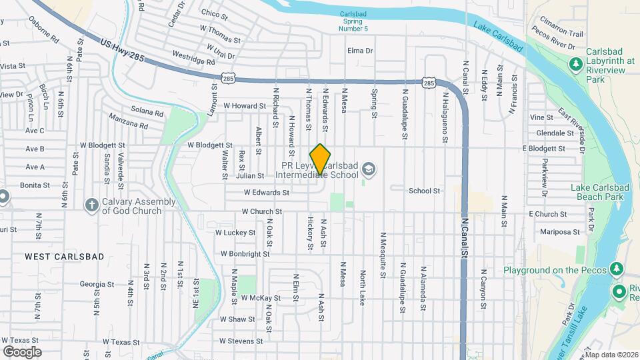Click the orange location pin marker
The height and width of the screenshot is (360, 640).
tap(321, 159)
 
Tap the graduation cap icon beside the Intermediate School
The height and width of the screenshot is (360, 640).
tap(368, 171)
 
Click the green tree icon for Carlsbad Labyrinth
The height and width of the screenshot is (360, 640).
tap(575, 63)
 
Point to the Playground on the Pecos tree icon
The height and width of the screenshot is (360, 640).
tap(617, 269)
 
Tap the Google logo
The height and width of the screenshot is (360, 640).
tap(22, 351)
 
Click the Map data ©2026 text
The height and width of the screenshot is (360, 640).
tap(611, 355)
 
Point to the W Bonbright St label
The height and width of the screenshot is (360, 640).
tap(245, 254)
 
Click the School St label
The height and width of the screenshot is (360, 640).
tap(425, 191)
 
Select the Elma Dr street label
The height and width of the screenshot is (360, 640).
tap(360, 50)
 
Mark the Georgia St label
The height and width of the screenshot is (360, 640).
tap(92, 284)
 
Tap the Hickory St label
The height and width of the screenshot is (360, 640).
tap(311, 233)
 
